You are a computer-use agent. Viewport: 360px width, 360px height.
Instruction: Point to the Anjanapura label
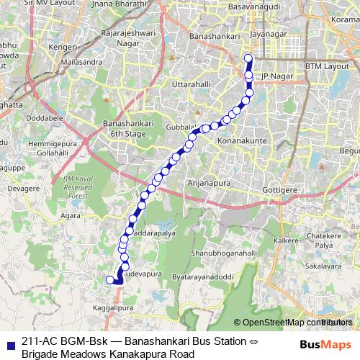pyautogui.click(x=209, y=184)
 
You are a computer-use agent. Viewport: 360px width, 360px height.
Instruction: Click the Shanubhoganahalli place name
pyautogui.click(x=223, y=253)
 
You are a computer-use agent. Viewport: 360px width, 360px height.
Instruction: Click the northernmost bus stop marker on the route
pyautogui.click(x=248, y=59)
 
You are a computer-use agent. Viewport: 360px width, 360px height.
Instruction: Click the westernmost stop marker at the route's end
pyautogui.click(x=110, y=280)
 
